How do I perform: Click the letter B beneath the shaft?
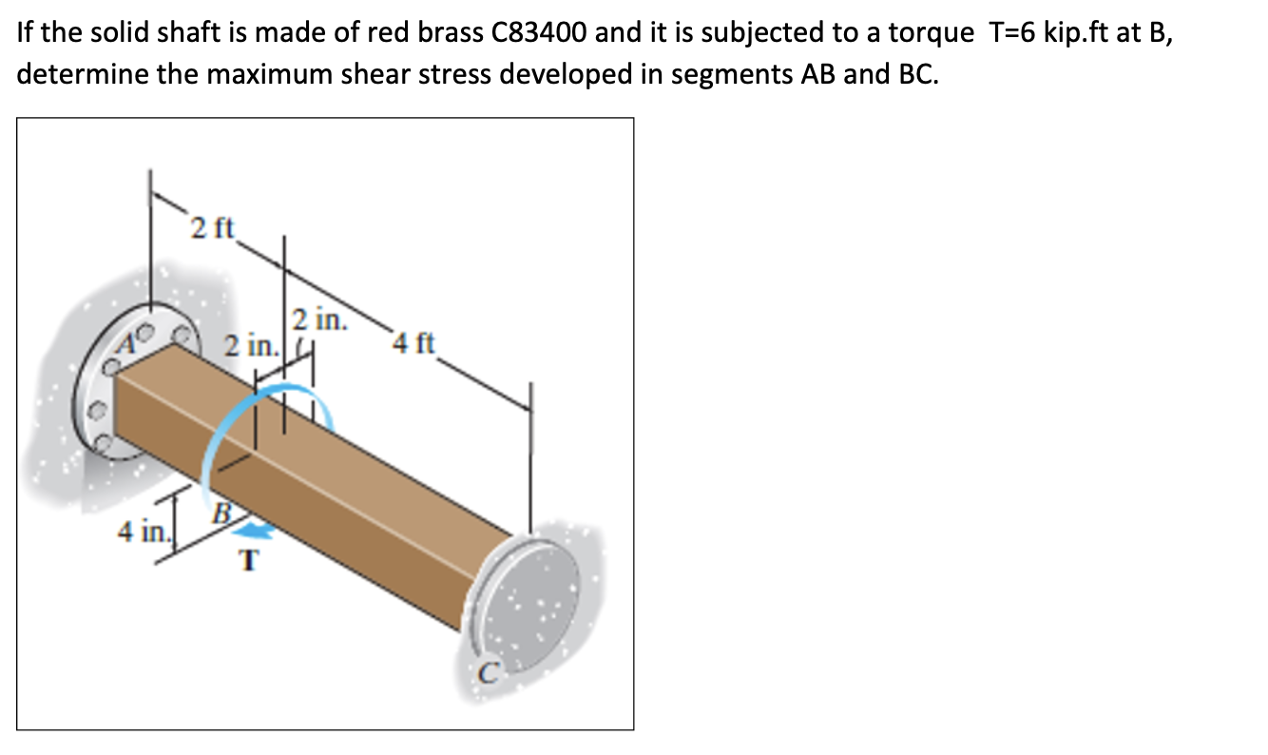(x=221, y=514)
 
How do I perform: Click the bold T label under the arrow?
(x=248, y=562)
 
